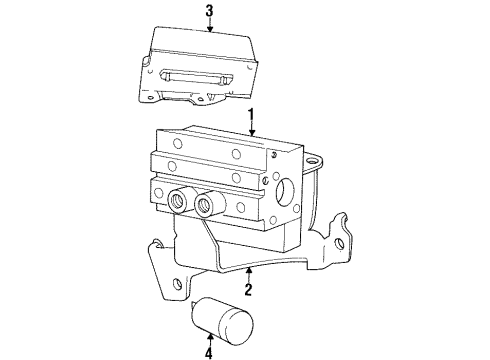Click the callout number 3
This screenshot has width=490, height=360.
[209, 11]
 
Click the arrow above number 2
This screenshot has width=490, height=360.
[248, 273]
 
